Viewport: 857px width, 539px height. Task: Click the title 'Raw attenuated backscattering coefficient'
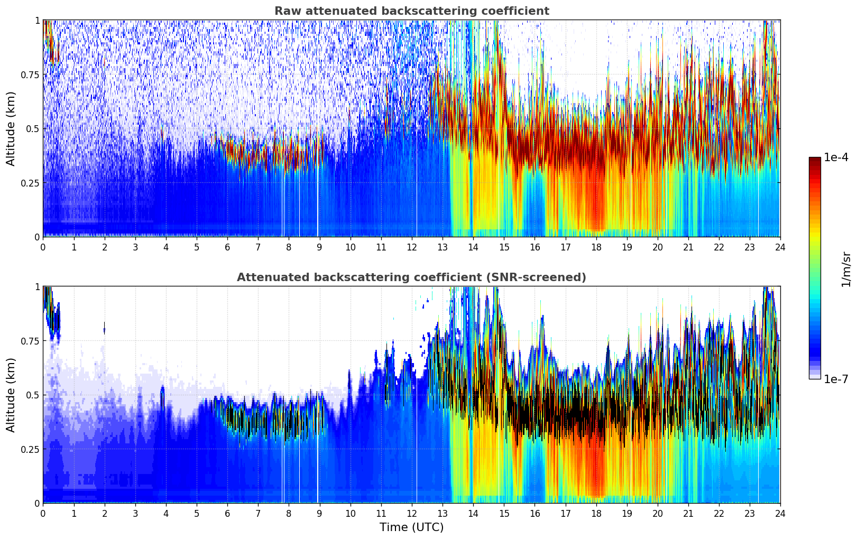pos(411,11)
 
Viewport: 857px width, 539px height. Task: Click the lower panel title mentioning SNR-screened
pos(411,277)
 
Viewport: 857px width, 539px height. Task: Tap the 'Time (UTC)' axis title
pos(411,527)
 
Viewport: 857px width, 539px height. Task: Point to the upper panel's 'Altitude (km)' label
pos(11,128)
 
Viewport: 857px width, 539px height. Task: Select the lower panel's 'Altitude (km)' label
pos(11,395)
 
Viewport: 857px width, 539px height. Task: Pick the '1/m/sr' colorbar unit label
pos(846,269)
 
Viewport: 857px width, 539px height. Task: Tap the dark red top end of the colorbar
pos(815,160)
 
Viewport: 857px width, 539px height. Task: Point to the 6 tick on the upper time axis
pos(227,247)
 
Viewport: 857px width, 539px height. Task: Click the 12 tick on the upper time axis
pos(412,247)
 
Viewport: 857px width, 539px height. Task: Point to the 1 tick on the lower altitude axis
pos(37,286)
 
